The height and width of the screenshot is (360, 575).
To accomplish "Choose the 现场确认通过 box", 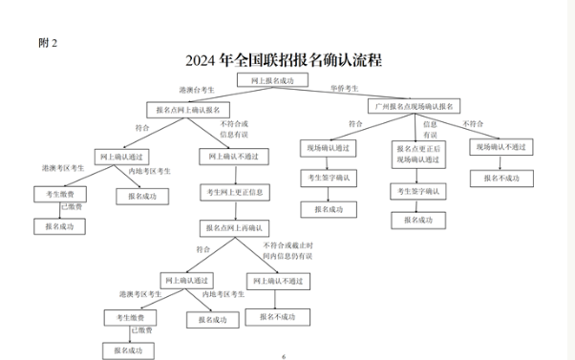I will point(328,148).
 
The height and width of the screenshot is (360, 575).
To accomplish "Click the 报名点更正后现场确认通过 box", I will point(418,153).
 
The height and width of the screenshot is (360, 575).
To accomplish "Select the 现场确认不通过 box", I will point(502,148).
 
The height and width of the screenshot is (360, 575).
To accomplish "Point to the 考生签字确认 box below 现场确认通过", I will point(328,178).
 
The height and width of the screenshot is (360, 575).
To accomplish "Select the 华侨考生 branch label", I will point(344,88).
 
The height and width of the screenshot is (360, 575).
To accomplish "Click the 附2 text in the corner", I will point(48,42).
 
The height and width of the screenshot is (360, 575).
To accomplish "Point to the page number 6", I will point(284,355).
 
